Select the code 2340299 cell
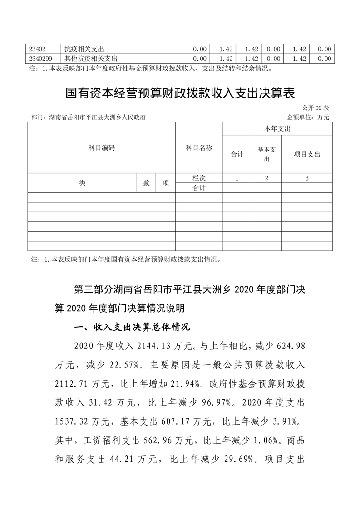[40, 58]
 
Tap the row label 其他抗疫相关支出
[91, 58]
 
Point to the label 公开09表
[317, 108]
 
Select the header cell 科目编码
[102, 148]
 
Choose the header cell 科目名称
[199, 148]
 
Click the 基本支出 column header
[266, 154]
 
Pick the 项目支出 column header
[307, 154]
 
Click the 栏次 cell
[199, 178]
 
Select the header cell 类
[82, 183]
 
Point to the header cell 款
[147, 183]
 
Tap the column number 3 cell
[307, 178]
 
